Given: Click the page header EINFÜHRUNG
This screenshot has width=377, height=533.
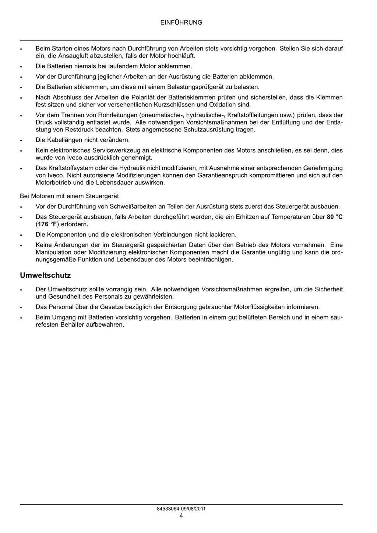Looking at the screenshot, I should pyautogui.click(x=181, y=22).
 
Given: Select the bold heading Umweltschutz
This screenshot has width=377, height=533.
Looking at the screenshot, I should pyautogui.click(x=45, y=276).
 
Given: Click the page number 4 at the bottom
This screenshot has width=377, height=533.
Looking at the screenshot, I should pyautogui.click(x=181, y=515).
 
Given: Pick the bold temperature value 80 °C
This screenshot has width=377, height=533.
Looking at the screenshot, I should pyautogui.click(x=335, y=217).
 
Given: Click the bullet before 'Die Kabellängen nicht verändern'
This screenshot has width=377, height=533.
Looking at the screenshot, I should pyautogui.click(x=22, y=140).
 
